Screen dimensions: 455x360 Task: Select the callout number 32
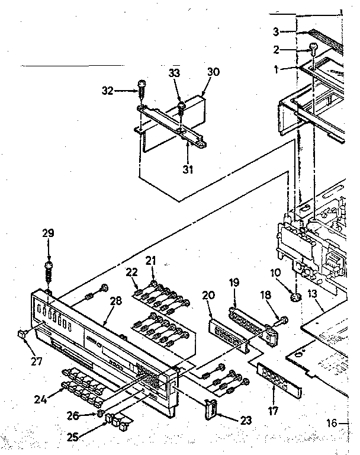[x=107, y=91]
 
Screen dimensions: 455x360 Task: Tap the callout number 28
[x=115, y=301]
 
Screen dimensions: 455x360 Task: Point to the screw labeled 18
[x=284, y=321]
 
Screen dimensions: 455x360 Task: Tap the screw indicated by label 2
[x=313, y=50]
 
